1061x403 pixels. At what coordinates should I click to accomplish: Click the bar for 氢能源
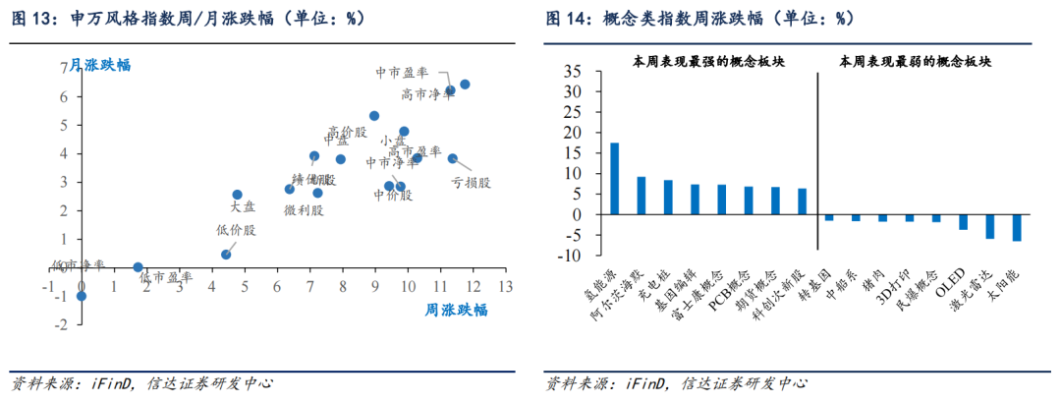point(614,179)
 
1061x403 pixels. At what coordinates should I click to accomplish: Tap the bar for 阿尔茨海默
point(642,196)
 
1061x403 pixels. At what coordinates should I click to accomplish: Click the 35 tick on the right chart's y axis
point(570,72)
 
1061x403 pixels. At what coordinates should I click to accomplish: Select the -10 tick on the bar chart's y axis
point(567,257)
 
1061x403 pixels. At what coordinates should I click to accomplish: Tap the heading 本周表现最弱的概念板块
point(915,61)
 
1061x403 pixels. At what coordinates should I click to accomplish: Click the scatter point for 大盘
point(237,195)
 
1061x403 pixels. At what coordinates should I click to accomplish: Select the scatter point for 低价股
point(226,254)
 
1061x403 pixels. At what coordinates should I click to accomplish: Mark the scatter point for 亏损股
point(453,158)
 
